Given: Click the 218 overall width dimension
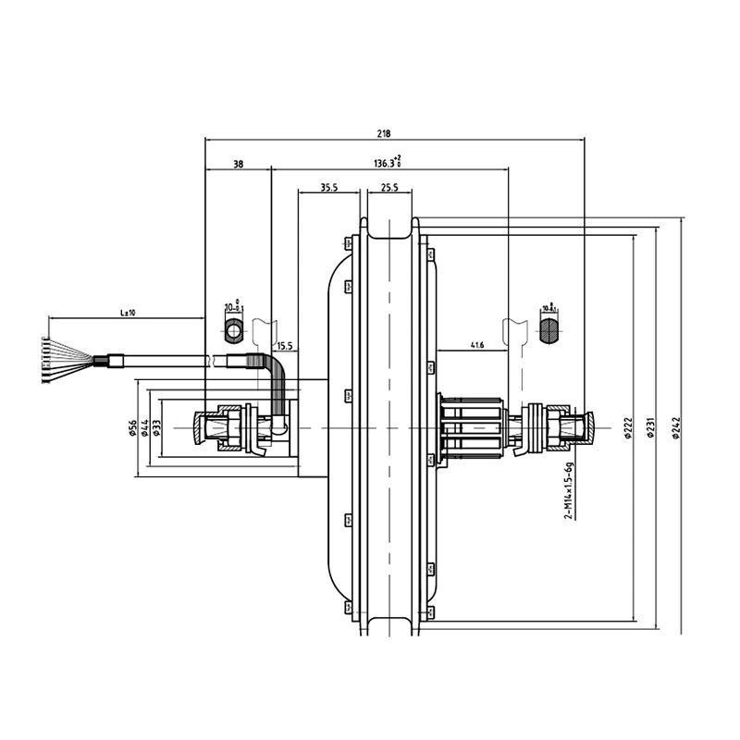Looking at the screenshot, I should [x=383, y=133].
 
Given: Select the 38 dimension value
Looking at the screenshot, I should [x=238, y=164].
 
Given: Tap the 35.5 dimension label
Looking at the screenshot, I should [x=327, y=187].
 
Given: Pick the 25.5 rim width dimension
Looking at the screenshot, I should [x=388, y=187].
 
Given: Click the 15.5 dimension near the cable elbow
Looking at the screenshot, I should [x=285, y=346].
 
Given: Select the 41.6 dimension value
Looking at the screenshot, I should [x=477, y=345].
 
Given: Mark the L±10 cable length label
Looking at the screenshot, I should [x=128, y=313].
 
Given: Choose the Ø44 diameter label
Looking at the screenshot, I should [x=145, y=427].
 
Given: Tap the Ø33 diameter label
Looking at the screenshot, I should [x=157, y=427].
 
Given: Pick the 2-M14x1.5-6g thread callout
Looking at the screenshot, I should [x=566, y=491].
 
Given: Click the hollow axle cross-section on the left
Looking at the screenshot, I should [x=233, y=330].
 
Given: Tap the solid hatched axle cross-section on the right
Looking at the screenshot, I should [x=549, y=330].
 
